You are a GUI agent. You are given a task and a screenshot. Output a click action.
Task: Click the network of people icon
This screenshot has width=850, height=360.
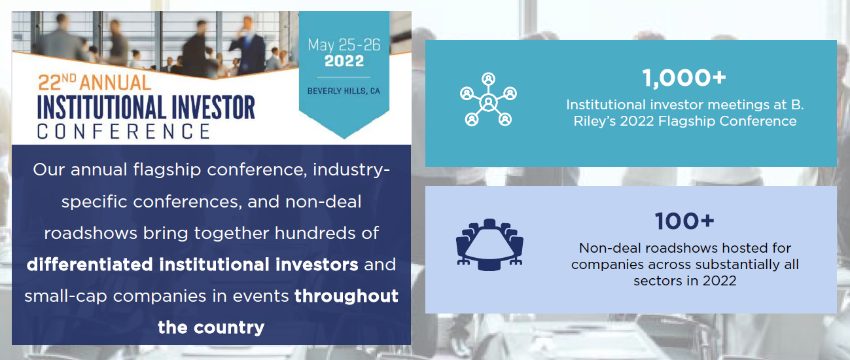pos(488,99)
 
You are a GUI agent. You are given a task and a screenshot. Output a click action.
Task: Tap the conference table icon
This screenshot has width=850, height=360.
pos(489,245)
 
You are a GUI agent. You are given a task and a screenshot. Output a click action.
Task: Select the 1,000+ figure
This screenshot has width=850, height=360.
pos(684,79)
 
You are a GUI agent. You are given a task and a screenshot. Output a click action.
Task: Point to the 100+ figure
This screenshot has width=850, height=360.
pos(684,221)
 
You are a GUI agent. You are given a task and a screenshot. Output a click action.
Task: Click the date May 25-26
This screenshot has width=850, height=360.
pos(344,45)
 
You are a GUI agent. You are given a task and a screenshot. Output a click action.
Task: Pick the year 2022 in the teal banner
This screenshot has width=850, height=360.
pos(344,61)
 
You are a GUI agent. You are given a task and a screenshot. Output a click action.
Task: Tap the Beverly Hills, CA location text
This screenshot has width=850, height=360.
pos(344,91)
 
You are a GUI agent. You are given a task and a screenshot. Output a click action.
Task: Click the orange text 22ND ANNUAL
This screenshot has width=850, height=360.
pos(95,82)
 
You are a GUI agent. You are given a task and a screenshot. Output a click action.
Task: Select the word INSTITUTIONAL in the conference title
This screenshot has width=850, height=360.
pos(101,107)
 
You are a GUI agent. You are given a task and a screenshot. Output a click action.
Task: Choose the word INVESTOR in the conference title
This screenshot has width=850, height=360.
pos(213,107)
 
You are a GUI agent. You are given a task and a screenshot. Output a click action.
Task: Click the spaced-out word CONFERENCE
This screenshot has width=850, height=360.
pos(124,132)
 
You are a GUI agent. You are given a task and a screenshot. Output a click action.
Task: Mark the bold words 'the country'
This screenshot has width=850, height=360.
pos(211,327)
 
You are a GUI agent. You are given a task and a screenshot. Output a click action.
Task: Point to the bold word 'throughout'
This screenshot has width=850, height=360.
pos(346,297)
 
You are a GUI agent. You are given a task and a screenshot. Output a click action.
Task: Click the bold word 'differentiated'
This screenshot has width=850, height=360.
pos(90,264)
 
